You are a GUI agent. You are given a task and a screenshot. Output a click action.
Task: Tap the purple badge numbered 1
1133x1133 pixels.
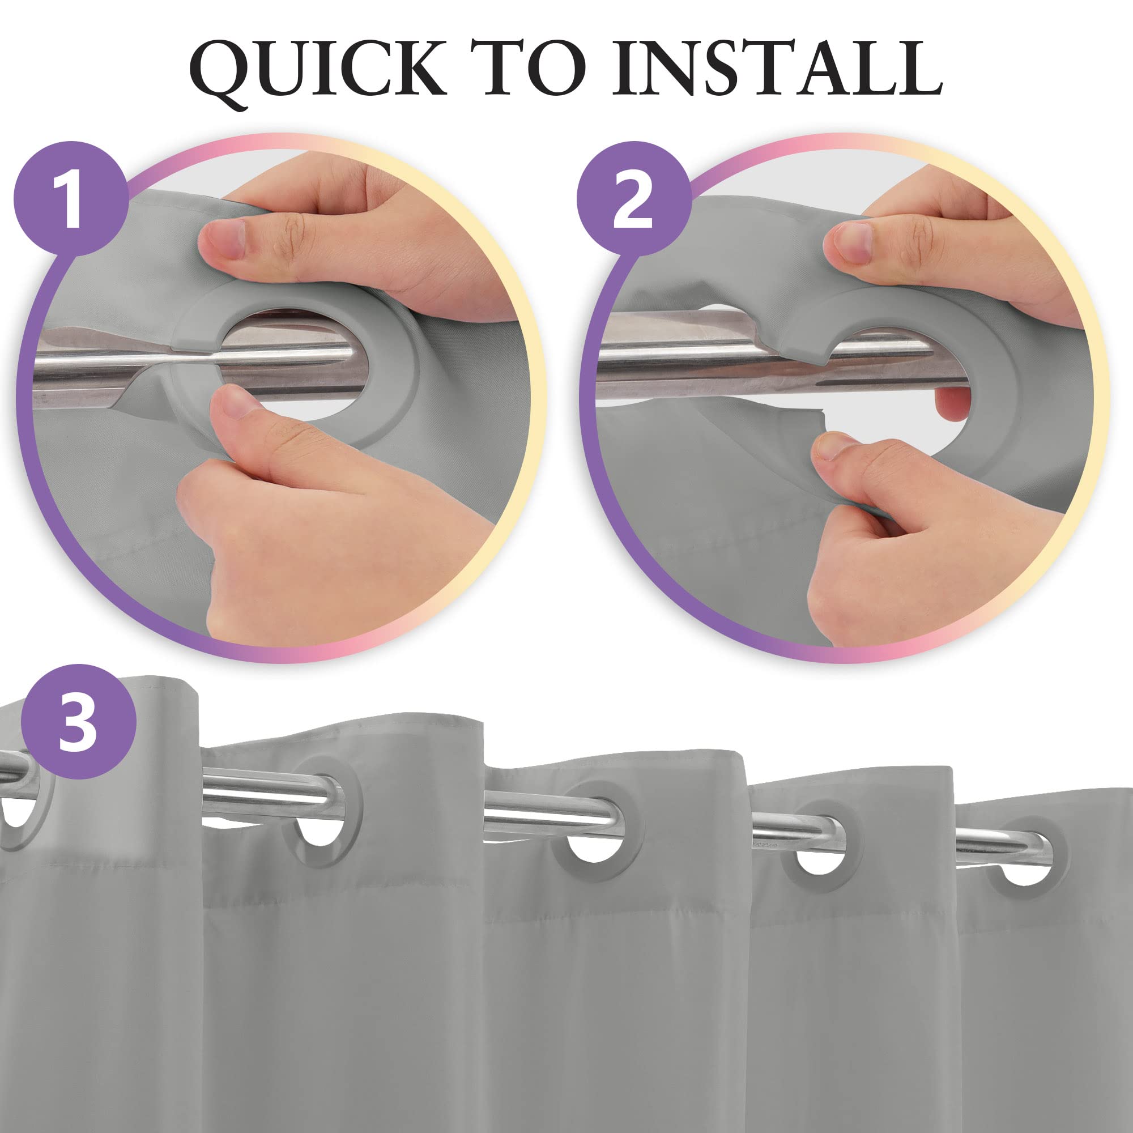tap(71, 198)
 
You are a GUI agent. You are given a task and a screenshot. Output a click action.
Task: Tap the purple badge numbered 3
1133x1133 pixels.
tap(79, 721)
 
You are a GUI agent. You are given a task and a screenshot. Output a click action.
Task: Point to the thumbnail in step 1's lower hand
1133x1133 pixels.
tap(237, 404)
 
